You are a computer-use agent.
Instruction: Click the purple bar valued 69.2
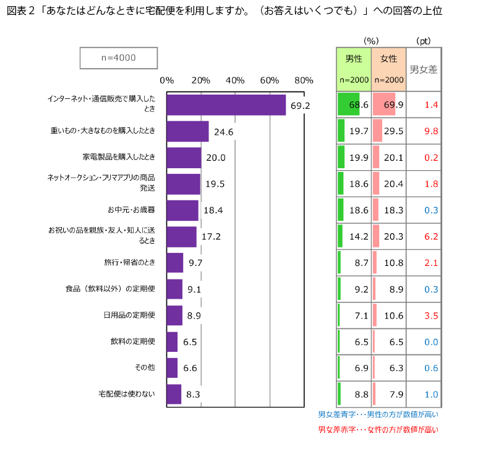(x=226, y=105)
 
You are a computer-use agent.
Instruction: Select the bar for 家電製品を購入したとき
(x=184, y=158)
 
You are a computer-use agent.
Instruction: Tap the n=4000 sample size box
(x=118, y=58)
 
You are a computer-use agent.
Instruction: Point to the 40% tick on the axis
(x=235, y=80)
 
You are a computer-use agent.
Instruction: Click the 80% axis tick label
(x=304, y=80)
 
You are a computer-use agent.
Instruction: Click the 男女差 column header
(x=424, y=69)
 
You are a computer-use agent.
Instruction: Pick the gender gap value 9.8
(x=430, y=131)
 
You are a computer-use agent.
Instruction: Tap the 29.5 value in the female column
(x=393, y=131)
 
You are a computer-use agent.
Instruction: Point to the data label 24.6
(x=223, y=132)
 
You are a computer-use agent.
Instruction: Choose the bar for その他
(x=172, y=368)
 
